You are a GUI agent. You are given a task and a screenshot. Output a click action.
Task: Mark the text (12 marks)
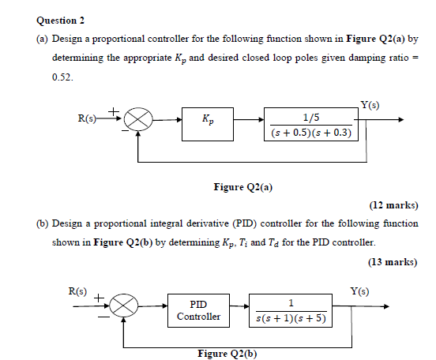393,204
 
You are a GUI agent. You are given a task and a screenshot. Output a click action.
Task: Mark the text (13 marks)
393,261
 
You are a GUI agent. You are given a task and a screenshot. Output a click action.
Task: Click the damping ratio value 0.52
62,79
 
